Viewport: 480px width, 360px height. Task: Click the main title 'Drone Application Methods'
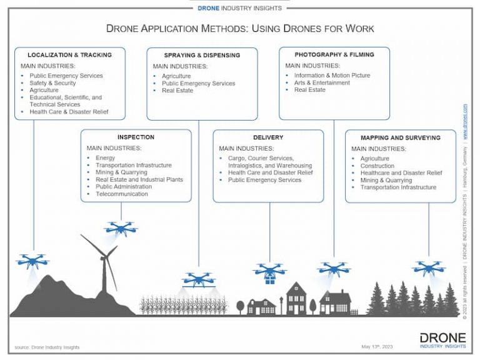pyautogui.click(x=240, y=29)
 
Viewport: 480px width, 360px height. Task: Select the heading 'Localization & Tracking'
pyautogui.click(x=69, y=55)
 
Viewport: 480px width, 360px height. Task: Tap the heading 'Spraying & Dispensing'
pyautogui.click(x=202, y=55)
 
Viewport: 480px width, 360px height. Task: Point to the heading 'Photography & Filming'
pyautogui.click(x=334, y=54)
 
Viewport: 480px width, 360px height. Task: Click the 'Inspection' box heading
pyautogui.click(x=136, y=137)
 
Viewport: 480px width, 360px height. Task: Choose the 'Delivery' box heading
pyautogui.click(x=268, y=137)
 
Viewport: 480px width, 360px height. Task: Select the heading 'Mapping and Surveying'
pyautogui.click(x=400, y=137)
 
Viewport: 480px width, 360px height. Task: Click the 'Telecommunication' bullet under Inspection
pyautogui.click(x=122, y=194)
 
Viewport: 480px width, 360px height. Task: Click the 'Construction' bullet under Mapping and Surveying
pyautogui.click(x=377, y=166)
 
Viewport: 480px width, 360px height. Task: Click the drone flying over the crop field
pyautogui.click(x=199, y=279)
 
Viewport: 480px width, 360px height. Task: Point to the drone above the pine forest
pyautogui.click(x=428, y=268)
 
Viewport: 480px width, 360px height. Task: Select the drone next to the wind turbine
pyautogui.click(x=121, y=228)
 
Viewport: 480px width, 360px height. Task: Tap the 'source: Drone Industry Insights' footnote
pyautogui.click(x=47, y=347)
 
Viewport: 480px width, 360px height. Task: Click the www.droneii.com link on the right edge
pyautogui.click(x=466, y=116)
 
